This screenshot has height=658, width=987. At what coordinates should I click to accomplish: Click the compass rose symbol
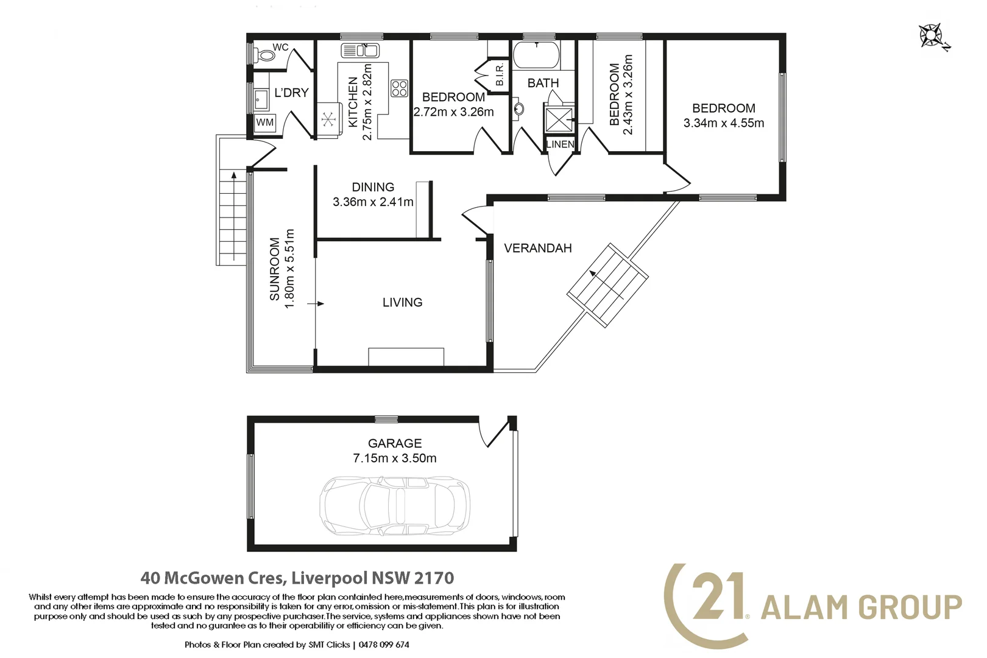click(x=930, y=36)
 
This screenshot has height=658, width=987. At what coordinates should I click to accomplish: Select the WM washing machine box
click(x=265, y=122)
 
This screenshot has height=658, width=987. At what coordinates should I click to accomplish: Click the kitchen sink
click(x=360, y=51)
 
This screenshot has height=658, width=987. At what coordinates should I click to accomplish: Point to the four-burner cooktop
click(x=399, y=88)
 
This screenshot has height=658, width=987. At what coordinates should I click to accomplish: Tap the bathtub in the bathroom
click(x=536, y=55)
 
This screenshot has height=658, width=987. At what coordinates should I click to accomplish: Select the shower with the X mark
click(x=559, y=119)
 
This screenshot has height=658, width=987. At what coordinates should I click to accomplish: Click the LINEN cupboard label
click(x=560, y=144)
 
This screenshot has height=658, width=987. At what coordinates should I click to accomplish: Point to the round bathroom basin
click(x=519, y=109)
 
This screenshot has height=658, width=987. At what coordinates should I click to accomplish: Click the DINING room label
click(x=373, y=187)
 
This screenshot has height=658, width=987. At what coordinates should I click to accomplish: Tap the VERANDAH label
click(x=537, y=248)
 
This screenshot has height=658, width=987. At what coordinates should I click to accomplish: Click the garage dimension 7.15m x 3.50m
click(x=394, y=458)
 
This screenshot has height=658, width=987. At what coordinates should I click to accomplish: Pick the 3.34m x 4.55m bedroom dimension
click(x=724, y=123)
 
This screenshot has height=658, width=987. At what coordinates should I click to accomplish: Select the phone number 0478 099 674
click(x=384, y=645)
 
